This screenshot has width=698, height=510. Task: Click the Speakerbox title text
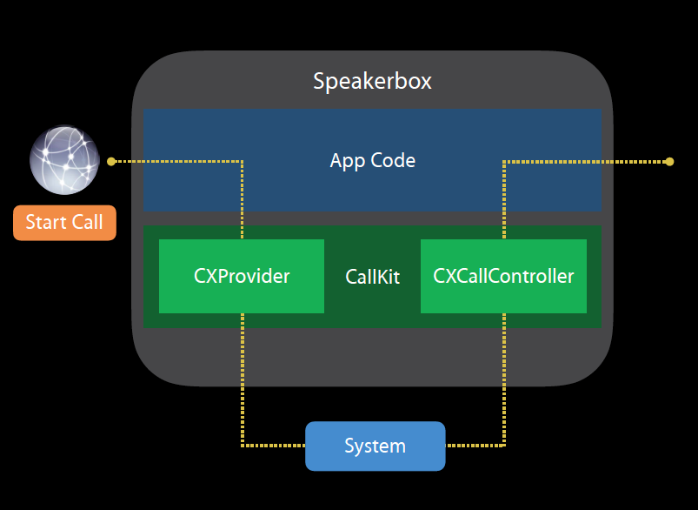pos(372,82)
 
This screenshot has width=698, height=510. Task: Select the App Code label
pos(372,160)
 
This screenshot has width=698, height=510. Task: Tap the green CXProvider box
pos(242,276)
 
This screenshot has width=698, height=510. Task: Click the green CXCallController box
pos(503,276)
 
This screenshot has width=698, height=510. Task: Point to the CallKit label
pos(372,277)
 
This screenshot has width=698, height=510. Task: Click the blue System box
pos(375,446)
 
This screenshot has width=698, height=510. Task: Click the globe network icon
pos(63,160)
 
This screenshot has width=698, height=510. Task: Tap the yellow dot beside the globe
pos(110,161)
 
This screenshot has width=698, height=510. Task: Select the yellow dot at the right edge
pos(669,161)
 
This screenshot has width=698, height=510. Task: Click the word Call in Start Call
pos(87,222)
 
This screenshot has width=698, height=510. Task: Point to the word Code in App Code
pos(393,160)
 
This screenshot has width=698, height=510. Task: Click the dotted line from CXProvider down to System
pos(243,374)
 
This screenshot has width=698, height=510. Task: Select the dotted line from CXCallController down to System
pos(504,374)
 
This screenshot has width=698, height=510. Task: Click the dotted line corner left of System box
pos(243,446)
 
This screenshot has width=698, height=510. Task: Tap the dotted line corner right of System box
pos(504,446)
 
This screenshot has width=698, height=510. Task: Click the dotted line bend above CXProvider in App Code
pos(243,161)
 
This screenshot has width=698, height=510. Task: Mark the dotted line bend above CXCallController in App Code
pos(504,161)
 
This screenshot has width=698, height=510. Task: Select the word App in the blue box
pos(347,161)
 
